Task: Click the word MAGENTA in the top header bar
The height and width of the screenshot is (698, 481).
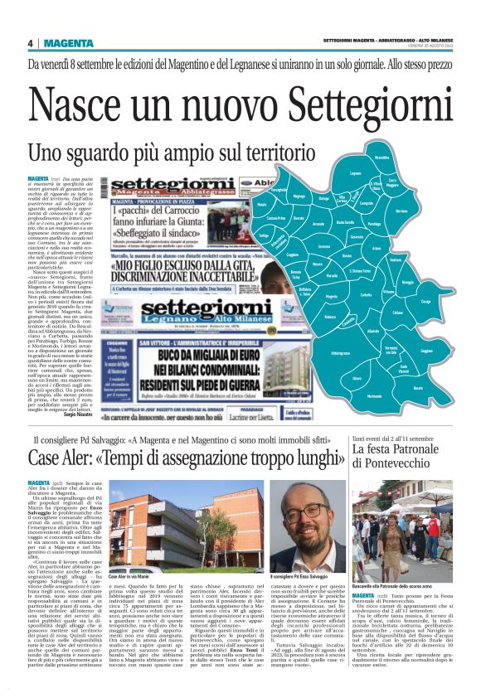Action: click(70, 43)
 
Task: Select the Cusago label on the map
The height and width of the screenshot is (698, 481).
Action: click(449, 301)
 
